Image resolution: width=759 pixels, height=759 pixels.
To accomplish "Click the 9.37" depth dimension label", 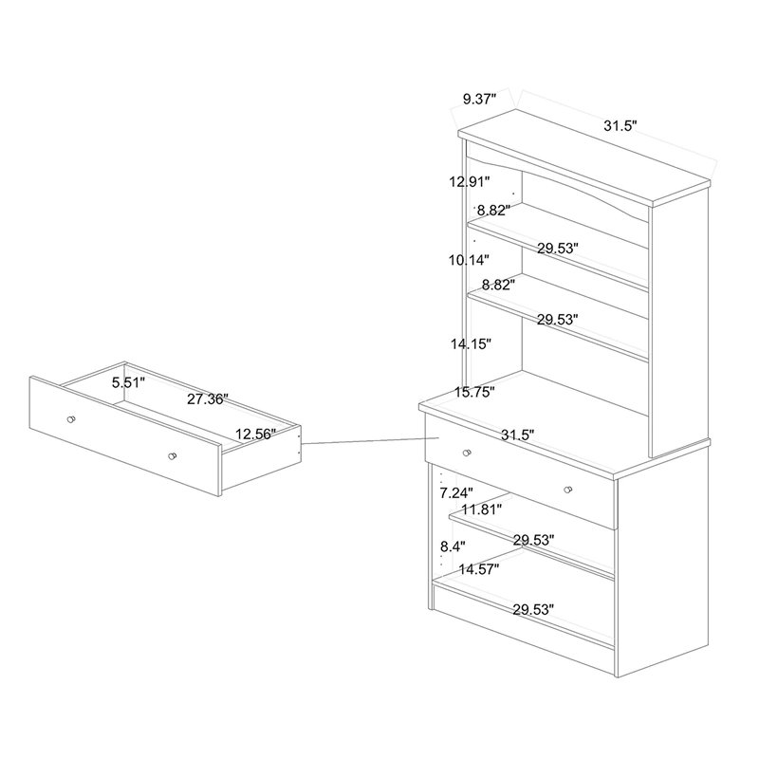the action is [480, 100].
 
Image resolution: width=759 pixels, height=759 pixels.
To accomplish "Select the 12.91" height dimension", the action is [470, 182].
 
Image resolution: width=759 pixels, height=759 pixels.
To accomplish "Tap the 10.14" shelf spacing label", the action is [469, 260].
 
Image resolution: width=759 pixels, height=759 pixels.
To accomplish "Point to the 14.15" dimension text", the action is [471, 344].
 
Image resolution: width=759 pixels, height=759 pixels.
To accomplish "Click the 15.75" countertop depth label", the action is [474, 392].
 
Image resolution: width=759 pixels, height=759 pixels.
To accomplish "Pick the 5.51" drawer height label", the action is [128, 383].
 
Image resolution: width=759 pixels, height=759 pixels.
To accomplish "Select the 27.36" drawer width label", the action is [208, 399].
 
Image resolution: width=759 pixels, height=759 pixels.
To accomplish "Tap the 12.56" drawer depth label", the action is [255, 434].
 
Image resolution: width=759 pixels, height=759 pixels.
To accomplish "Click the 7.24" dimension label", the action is [456, 493].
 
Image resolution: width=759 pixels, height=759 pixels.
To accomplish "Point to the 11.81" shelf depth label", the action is [481, 509].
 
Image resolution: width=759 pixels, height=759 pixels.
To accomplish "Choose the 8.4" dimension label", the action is [453, 547].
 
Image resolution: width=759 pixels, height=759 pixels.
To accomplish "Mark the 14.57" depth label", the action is [479, 569].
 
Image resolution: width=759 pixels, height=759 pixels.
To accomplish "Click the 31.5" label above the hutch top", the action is [620, 126].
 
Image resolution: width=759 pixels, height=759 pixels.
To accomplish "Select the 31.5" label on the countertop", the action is [517, 435].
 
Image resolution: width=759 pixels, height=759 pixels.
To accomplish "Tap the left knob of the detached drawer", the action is [71, 419].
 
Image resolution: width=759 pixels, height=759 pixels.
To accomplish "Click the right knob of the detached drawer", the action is [173, 456].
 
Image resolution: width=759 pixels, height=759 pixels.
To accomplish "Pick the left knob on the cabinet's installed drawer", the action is [467, 454].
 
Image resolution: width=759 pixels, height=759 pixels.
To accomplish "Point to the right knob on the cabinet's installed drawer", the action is [568, 490].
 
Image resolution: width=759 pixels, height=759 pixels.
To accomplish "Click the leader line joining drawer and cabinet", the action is [370, 440].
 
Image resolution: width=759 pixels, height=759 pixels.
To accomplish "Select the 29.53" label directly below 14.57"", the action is [533, 610].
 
